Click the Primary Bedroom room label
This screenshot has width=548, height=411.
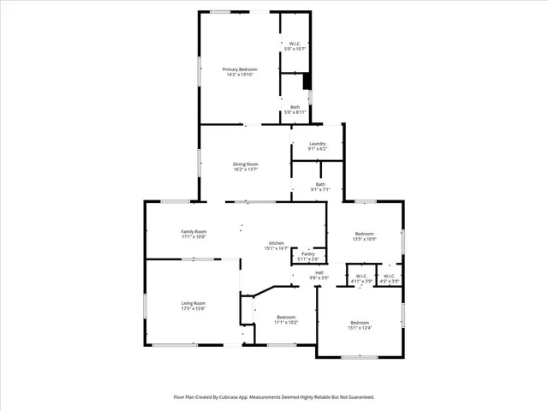click(x=240, y=68)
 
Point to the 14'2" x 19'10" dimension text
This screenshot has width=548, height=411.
click(x=240, y=74)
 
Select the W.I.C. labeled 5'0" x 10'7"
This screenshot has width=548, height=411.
click(x=294, y=44)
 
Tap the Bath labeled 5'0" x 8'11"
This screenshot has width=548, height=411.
click(x=294, y=107)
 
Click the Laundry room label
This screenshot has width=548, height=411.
click(x=317, y=143)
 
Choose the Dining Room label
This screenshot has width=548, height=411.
click(x=246, y=164)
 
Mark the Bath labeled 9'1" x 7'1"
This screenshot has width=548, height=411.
click(x=319, y=184)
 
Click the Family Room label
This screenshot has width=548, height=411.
click(x=194, y=231)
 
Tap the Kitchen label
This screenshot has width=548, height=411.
click(x=277, y=243)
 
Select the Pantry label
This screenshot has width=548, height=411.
click(x=308, y=253)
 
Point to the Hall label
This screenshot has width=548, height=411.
click(x=319, y=272)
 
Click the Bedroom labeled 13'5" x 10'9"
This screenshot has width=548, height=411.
click(x=365, y=233)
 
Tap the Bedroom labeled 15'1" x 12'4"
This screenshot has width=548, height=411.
click(x=360, y=322)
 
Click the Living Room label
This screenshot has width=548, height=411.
click(x=193, y=303)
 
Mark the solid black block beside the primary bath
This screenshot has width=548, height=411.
click(x=307, y=81)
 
